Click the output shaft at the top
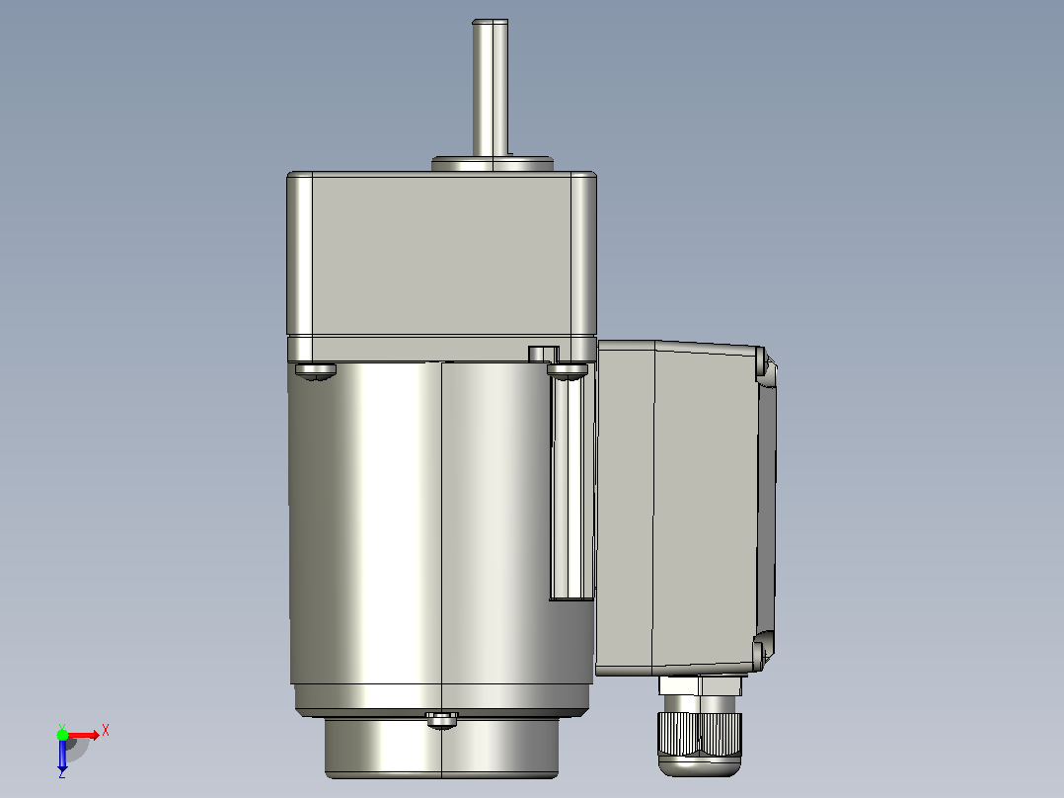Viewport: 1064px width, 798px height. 490,88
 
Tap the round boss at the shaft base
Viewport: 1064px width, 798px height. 492,164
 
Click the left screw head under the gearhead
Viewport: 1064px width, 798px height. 316,370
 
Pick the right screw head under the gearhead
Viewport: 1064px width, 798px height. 568,370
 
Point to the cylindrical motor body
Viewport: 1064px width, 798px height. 441,522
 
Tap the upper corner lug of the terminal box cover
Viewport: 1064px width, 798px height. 765,363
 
